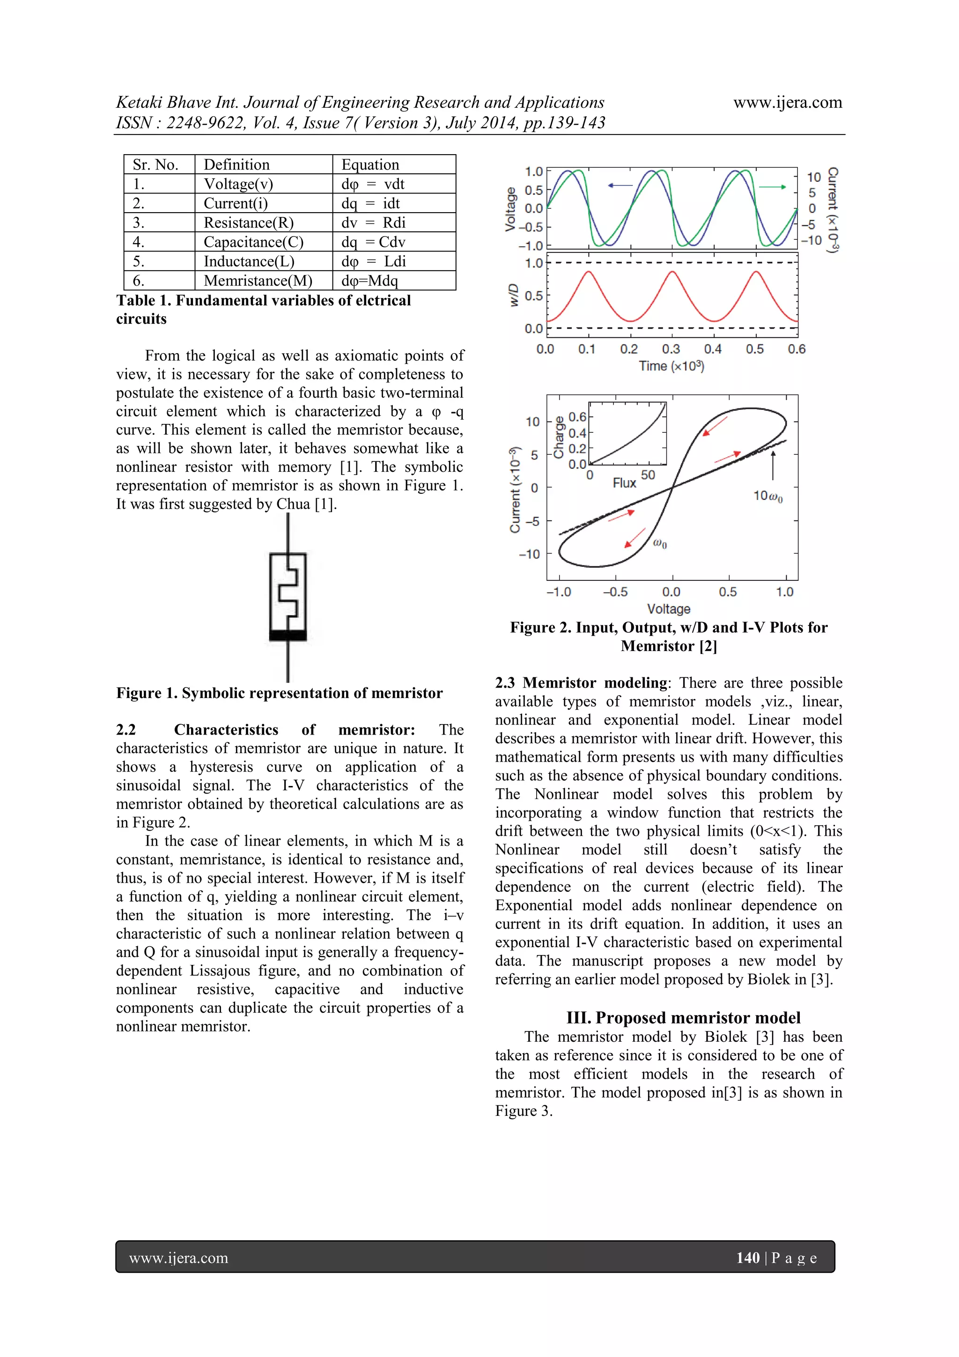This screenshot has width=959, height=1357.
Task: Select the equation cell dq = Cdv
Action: coord(373,242)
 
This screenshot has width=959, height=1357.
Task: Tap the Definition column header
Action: coord(236,165)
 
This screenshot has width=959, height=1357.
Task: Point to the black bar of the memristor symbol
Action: coord(288,635)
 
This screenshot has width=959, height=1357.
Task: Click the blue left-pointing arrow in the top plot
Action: coord(620,185)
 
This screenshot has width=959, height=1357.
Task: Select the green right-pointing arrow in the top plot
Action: coord(772,187)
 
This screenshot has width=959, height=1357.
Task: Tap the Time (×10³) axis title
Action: coord(671,366)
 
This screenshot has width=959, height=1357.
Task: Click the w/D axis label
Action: coord(514,295)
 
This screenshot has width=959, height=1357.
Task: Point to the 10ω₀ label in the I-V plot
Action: coord(767,497)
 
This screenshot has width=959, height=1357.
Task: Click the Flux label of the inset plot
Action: coord(624,483)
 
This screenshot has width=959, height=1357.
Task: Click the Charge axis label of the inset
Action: coord(558,438)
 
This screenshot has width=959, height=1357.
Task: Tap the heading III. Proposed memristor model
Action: coord(683,1018)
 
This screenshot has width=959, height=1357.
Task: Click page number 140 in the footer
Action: coord(747,1258)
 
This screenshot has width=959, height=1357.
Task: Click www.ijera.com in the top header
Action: coord(787,103)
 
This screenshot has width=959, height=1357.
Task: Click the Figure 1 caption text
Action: coord(279,693)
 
